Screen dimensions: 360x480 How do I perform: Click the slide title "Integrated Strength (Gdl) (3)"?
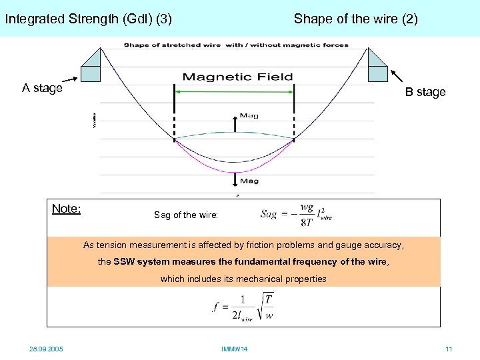[x=88, y=19]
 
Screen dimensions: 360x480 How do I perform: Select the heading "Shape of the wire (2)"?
[x=355, y=19]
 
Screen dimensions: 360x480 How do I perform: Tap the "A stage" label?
[x=42, y=88]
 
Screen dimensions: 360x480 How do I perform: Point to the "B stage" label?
[x=425, y=92]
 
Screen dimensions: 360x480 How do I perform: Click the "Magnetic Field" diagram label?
[x=237, y=77]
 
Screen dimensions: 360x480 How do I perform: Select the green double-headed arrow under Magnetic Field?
[x=234, y=91]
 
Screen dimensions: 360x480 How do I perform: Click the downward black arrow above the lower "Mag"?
[x=234, y=179]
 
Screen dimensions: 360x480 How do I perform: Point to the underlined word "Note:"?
[x=66, y=209]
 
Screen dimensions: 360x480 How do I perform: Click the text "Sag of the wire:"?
[x=185, y=215]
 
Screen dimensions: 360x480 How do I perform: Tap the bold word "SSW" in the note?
[x=125, y=262]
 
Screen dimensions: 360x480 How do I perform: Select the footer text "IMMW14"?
[x=234, y=349]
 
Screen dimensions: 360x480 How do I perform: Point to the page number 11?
[x=449, y=349]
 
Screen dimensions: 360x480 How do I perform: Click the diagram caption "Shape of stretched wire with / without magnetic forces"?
[x=236, y=45]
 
